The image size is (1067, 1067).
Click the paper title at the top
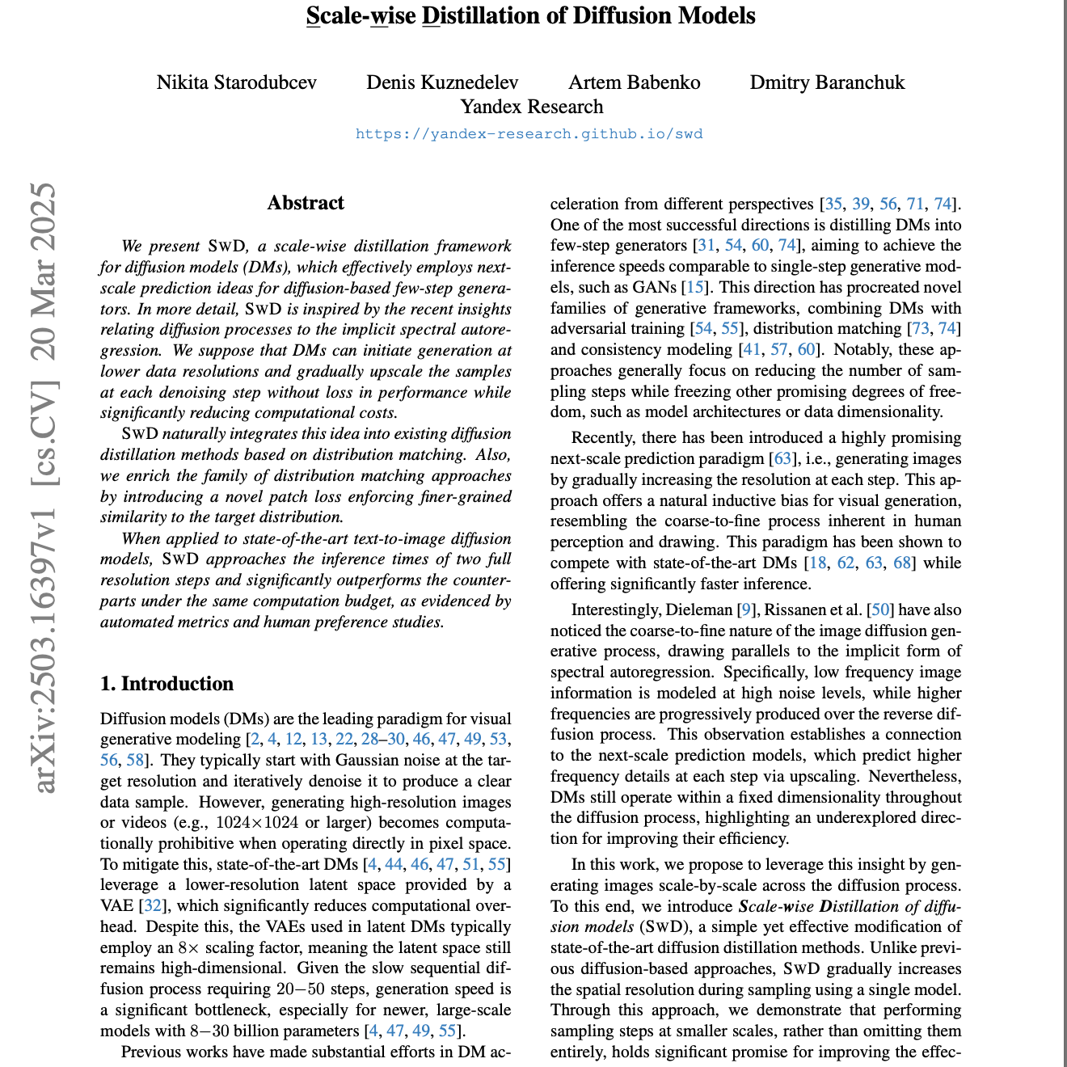pyautogui.click(x=531, y=16)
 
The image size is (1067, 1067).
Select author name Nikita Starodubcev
pyautogui.click(x=237, y=82)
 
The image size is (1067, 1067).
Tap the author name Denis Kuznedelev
pyautogui.click(x=442, y=82)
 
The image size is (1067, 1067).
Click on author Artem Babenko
pyautogui.click(x=635, y=82)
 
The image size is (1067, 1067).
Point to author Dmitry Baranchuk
pyautogui.click(x=827, y=82)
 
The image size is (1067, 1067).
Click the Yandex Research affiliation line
pyautogui.click(x=531, y=107)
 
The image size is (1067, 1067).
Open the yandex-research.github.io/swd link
pyautogui.click(x=529, y=134)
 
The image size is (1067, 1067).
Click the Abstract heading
pyautogui.click(x=306, y=203)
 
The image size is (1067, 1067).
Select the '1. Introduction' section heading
pyautogui.click(x=167, y=684)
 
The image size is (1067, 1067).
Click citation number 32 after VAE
pyautogui.click(x=152, y=905)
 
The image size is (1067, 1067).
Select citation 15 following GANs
pyautogui.click(x=694, y=287)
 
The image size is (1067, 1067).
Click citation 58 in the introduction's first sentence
pyautogui.click(x=135, y=760)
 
